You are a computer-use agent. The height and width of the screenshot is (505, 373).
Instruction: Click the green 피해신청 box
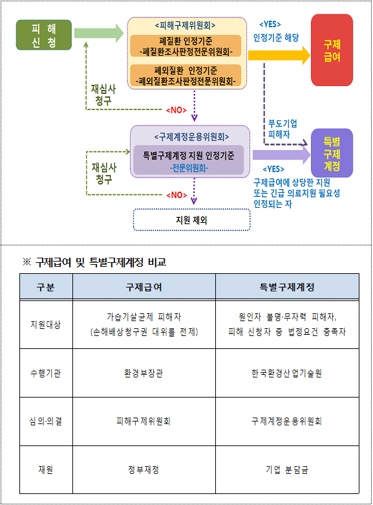coord(44,35)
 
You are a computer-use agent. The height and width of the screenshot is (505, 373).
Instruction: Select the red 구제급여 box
coord(332,50)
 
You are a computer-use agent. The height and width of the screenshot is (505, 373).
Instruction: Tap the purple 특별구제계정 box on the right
coord(332,153)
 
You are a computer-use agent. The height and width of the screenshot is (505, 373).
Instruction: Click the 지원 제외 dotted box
coord(191,220)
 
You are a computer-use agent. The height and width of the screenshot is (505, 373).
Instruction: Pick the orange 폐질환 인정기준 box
coord(186,46)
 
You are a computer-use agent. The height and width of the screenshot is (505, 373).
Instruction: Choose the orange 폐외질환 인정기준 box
coord(186,75)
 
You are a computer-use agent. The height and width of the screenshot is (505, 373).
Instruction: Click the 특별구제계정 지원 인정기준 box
coord(188,161)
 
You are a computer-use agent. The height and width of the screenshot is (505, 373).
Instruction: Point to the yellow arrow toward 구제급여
coord(279,56)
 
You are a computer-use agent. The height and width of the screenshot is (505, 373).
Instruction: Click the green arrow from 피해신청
coord(99,33)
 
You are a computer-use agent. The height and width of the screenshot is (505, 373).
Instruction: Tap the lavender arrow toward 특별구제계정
coord(281,155)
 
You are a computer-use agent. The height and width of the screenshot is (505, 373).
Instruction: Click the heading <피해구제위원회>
coord(186,25)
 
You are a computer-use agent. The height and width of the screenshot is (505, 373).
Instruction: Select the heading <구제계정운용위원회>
coord(191,137)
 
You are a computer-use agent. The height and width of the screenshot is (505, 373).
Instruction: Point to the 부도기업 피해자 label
coord(282,128)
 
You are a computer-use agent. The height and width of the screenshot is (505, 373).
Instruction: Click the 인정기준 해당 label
coord(276,38)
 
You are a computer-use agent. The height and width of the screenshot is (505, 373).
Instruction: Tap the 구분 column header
coord(46,287)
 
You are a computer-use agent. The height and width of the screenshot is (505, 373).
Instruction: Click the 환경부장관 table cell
coord(144,373)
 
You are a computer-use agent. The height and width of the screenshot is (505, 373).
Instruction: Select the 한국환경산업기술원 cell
coord(287,373)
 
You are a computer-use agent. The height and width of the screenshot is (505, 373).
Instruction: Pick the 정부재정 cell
coord(144,469)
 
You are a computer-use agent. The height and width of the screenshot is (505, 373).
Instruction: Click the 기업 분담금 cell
coord(287,469)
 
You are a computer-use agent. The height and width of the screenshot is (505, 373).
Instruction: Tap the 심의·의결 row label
coord(46,421)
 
